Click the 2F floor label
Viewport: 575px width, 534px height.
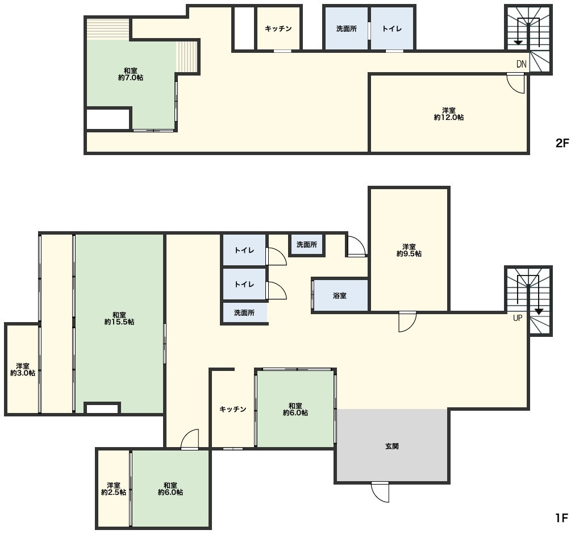562,143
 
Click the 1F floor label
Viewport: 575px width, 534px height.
561,518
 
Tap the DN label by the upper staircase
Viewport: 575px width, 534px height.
522,64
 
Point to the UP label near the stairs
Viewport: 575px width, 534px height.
518,318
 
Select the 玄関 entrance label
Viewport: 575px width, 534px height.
392,447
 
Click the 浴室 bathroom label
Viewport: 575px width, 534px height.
340,295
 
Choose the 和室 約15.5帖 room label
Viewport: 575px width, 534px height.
119,318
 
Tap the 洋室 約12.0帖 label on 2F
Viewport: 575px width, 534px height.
448,114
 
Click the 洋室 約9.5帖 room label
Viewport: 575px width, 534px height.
409,250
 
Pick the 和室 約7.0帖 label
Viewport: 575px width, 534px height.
131,74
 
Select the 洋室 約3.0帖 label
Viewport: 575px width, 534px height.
23,369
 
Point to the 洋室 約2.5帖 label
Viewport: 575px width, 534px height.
114,489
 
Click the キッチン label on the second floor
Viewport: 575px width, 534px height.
278,28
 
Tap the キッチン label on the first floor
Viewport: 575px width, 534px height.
233,409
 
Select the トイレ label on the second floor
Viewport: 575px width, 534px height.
392,28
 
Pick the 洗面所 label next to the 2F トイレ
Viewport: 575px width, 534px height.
347,28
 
